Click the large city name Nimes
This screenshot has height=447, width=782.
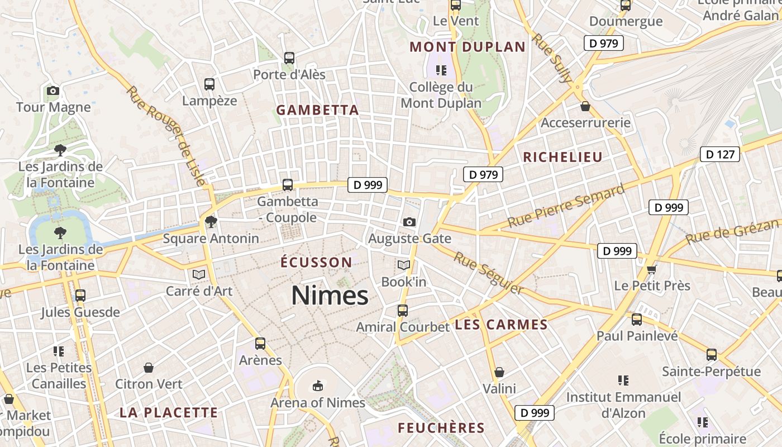click(x=330, y=295)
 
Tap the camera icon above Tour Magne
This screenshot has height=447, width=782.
click(x=53, y=91)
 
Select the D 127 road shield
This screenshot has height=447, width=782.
click(x=719, y=154)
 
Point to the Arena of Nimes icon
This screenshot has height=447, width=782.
click(x=317, y=386)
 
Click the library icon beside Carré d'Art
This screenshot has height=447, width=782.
click(x=198, y=274)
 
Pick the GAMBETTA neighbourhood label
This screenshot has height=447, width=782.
click(x=317, y=110)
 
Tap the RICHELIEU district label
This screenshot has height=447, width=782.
click(x=562, y=157)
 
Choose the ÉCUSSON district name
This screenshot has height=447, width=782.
click(x=316, y=262)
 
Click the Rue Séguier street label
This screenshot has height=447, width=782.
click(x=488, y=273)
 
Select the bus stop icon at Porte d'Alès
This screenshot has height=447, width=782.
click(x=289, y=58)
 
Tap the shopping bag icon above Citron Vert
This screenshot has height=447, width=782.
click(x=149, y=368)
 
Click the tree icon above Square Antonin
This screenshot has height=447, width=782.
click(x=211, y=222)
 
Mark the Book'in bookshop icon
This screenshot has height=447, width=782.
click(x=403, y=265)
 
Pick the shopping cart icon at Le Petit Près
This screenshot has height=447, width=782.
click(x=651, y=270)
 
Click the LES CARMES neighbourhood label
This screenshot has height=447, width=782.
click(x=501, y=325)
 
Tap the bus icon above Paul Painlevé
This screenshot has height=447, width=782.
click(x=637, y=320)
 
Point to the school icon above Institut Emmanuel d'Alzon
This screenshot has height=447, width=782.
click(x=623, y=381)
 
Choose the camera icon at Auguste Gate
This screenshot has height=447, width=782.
click(x=409, y=222)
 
